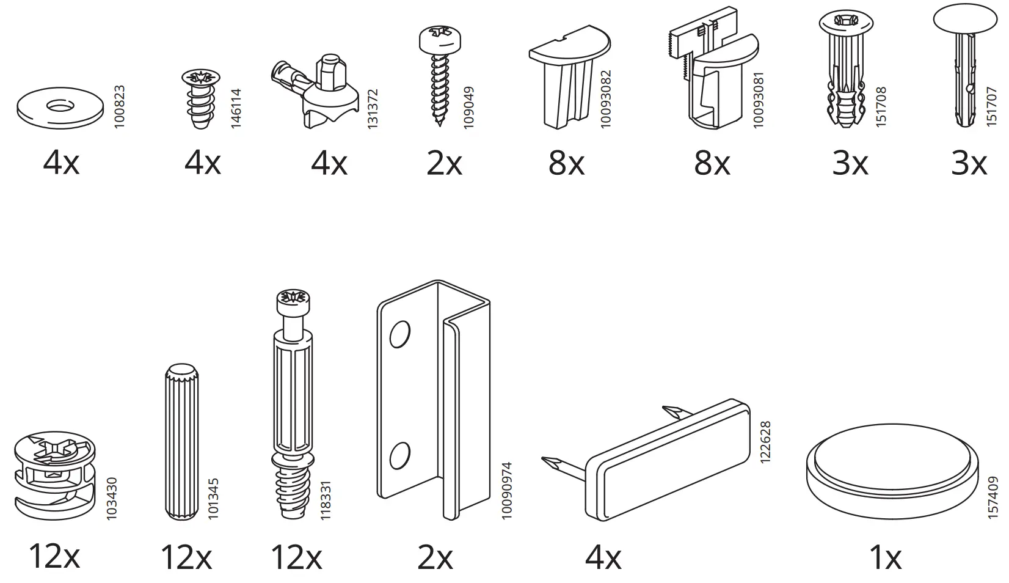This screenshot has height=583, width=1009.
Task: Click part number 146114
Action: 236,108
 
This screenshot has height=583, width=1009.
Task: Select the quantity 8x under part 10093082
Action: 566,164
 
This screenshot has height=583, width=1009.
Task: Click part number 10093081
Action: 758,100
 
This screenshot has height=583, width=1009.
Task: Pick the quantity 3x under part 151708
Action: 850,164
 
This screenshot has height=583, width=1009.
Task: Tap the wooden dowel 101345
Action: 180,440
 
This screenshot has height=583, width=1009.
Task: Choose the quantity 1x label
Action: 885,557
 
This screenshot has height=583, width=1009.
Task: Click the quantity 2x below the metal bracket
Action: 435,557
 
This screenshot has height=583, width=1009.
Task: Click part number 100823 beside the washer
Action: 119,106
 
